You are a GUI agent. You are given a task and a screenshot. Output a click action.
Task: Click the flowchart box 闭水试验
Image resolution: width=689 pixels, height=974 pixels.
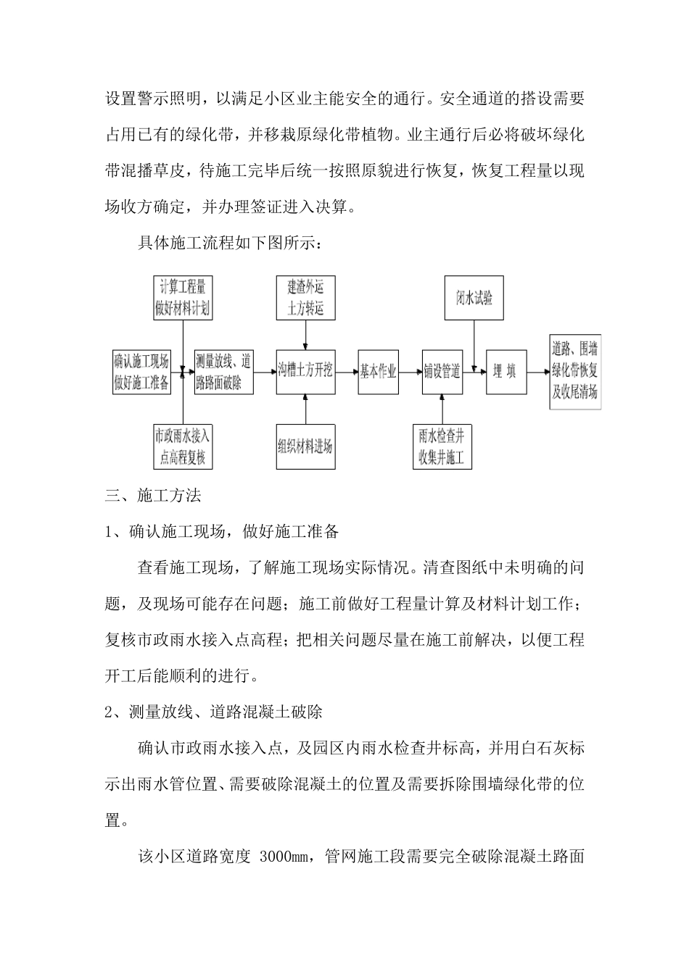click(474, 297)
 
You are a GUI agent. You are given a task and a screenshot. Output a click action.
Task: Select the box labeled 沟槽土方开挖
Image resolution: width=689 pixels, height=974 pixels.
click(305, 372)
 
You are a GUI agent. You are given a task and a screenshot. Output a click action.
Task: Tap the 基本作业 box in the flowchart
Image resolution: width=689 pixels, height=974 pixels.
click(379, 372)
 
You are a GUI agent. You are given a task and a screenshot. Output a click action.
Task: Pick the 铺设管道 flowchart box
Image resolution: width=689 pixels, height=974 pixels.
click(442, 372)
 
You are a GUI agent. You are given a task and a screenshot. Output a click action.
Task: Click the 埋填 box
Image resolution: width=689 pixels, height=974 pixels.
click(506, 372)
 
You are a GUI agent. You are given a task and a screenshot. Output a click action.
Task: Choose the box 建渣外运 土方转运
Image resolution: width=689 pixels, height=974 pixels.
click(305, 297)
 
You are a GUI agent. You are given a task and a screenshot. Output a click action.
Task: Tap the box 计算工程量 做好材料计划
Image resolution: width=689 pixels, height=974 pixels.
click(182, 297)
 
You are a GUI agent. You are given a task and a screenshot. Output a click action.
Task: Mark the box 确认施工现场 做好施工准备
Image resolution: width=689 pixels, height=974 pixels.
click(141, 372)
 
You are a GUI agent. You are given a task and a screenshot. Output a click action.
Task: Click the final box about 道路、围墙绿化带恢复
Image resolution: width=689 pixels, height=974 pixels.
click(575, 372)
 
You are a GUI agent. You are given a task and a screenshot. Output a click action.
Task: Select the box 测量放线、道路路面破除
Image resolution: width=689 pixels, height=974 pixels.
click(223, 372)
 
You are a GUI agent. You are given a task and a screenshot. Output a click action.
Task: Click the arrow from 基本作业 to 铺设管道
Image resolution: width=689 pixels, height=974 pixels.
click(410, 372)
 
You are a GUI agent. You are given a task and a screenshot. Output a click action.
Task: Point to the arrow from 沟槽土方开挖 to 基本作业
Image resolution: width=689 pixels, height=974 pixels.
click(347, 372)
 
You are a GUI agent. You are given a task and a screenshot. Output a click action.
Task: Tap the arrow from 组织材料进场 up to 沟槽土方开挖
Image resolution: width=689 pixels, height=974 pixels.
click(305, 409)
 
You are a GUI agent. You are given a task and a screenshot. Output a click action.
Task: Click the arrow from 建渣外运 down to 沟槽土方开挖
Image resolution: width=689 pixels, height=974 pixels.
click(305, 335)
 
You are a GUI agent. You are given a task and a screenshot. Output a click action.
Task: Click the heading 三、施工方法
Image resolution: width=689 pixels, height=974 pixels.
click(153, 496)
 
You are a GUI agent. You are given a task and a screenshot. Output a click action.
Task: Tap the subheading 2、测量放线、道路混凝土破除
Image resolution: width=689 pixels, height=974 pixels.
click(214, 712)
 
